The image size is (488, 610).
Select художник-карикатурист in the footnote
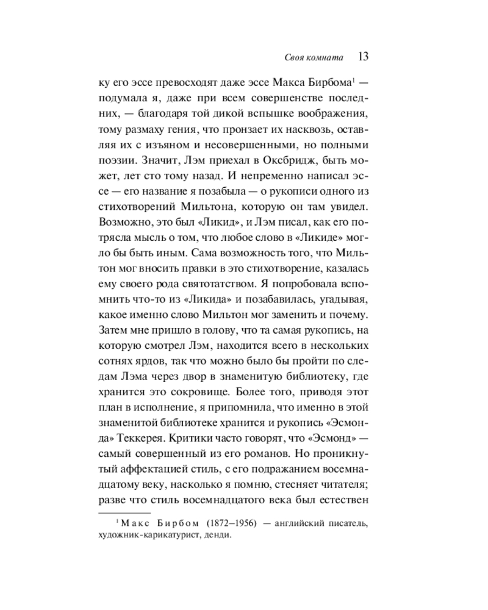pos(148,536)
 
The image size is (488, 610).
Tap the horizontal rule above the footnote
pos(124,513)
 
